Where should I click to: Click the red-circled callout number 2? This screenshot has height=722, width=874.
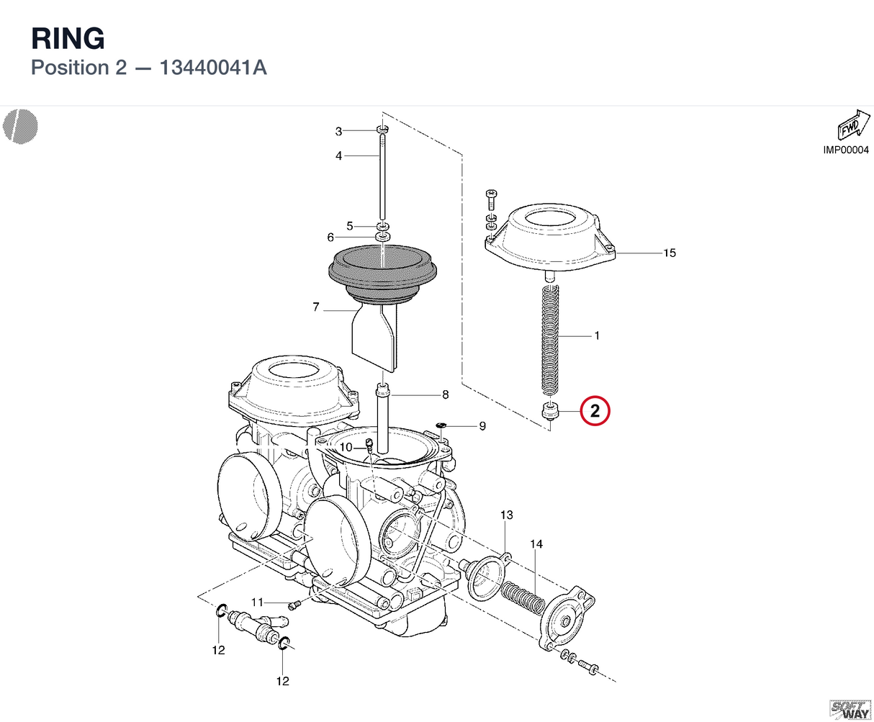click(x=595, y=411)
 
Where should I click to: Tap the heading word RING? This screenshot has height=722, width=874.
click(x=68, y=38)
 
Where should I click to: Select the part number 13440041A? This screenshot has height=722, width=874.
click(x=213, y=68)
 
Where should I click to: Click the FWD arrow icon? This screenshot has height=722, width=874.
click(x=854, y=125)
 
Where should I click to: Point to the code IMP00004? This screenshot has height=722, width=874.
click(x=846, y=150)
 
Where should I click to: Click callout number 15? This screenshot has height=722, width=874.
click(x=670, y=253)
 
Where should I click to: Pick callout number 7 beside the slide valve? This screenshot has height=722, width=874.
click(x=316, y=307)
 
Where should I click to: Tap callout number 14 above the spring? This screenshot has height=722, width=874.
click(x=536, y=544)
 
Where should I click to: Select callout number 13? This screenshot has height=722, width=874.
click(x=507, y=515)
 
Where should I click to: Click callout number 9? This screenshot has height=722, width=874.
click(x=482, y=426)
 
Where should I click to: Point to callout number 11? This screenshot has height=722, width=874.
click(x=257, y=603)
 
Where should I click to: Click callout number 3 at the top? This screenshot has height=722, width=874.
click(x=338, y=132)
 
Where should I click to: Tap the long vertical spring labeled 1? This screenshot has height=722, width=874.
click(x=551, y=340)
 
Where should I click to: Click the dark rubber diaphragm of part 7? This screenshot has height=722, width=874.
click(x=382, y=272)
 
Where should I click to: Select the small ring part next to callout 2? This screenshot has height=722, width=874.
click(x=551, y=410)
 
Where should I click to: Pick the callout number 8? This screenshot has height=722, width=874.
click(x=446, y=394)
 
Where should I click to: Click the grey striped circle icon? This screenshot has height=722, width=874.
click(x=20, y=127)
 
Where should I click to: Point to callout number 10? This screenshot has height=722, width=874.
click(x=346, y=447)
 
